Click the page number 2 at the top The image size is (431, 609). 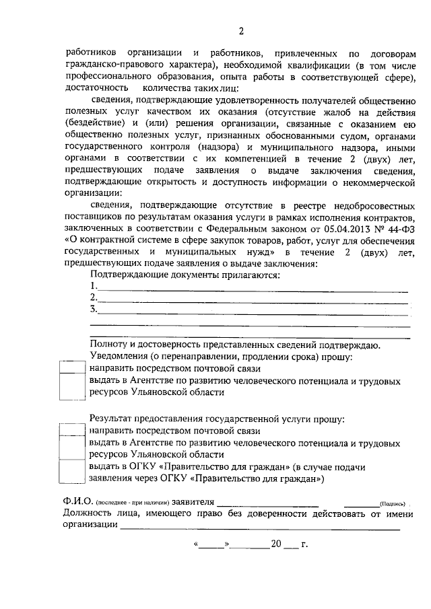pyautogui.click(x=240, y=30)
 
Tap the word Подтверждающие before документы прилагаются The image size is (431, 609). pyautogui.click(x=131, y=275)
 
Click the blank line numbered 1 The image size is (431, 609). pyautogui.click(x=253, y=288)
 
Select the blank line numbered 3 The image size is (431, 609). pyautogui.click(x=253, y=312)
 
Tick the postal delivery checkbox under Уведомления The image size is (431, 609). pyautogui.click(x=71, y=367)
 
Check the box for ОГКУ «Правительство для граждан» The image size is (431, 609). pyautogui.click(x=71, y=472)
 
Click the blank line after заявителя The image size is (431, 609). pyautogui.click(x=267, y=503)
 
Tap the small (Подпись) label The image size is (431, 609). pyautogui.click(x=391, y=504)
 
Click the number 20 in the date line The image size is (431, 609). pyautogui.click(x=274, y=544)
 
